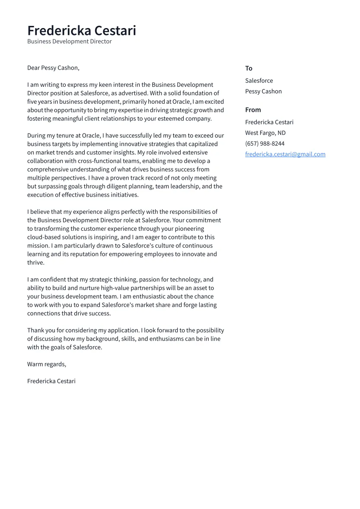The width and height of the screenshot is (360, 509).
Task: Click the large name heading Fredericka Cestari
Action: click(82, 31)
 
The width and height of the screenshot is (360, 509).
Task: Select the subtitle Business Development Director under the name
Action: click(69, 41)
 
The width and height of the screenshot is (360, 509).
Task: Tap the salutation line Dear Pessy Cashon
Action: click(53, 68)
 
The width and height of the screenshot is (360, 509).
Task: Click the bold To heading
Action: click(248, 68)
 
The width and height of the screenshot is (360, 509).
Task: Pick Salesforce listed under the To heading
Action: click(259, 80)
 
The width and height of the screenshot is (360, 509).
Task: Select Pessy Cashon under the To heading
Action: click(263, 91)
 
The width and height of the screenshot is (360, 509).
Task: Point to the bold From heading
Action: click(253, 110)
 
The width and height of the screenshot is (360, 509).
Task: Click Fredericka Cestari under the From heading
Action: click(269, 122)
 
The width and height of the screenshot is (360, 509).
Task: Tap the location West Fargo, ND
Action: click(265, 133)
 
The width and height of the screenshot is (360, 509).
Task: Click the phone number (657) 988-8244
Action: click(264, 143)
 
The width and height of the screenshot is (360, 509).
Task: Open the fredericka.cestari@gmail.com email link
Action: click(285, 154)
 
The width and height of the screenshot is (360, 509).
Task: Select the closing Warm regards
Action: click(47, 364)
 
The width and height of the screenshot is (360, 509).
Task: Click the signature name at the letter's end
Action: click(51, 381)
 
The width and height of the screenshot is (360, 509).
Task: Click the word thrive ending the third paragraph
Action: click(35, 263)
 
